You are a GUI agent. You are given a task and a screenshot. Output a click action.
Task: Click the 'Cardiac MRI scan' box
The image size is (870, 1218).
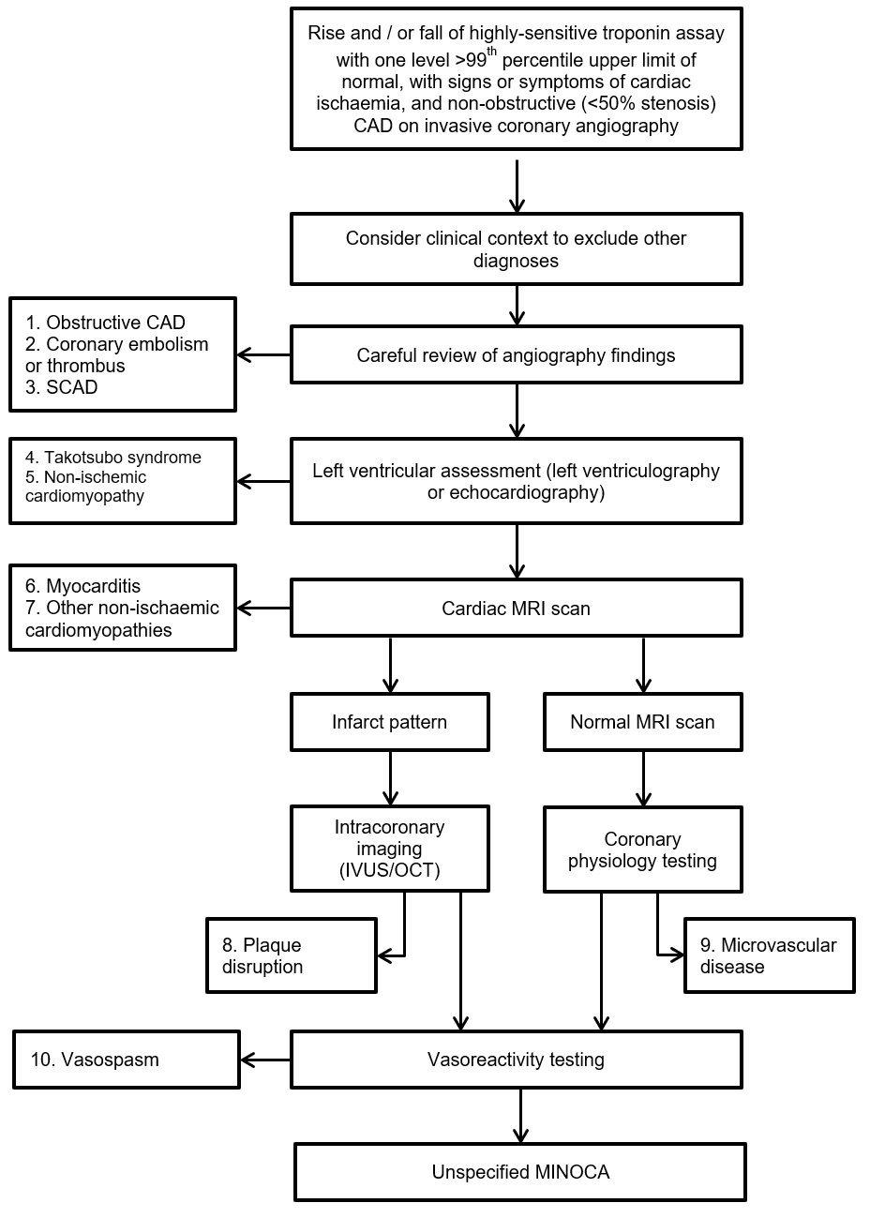click(516, 609)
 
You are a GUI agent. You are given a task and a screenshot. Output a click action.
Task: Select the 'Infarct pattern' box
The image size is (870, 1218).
click(389, 722)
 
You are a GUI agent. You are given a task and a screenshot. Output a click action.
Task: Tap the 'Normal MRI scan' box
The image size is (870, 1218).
click(642, 722)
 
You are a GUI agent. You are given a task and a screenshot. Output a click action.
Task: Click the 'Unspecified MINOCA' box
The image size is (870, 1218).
click(520, 1172)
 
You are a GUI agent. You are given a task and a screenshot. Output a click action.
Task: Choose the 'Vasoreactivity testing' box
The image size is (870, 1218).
click(516, 1060)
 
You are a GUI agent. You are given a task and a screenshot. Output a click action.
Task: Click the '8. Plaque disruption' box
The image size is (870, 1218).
click(291, 955)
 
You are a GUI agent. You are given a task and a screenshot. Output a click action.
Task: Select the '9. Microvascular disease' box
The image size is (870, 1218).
click(769, 955)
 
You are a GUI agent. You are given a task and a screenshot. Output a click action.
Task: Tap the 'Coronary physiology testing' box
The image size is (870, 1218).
click(642, 850)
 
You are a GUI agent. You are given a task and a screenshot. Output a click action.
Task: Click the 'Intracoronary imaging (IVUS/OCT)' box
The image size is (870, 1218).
click(389, 849)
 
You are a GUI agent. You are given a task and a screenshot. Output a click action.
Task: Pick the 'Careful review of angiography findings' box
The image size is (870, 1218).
click(516, 355)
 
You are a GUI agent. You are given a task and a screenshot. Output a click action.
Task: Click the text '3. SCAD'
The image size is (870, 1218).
click(62, 387)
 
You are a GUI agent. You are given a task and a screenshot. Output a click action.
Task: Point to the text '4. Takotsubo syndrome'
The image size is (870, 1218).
click(113, 458)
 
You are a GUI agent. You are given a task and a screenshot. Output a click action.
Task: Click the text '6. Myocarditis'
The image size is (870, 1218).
click(83, 586)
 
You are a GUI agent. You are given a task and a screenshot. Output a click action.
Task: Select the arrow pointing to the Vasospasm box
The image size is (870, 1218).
click(265, 1060)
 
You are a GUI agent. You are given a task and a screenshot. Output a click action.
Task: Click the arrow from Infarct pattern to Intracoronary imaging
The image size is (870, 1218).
click(390, 778)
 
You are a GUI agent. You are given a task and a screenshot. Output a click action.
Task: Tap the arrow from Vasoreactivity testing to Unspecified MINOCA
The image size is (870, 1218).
click(520, 1116)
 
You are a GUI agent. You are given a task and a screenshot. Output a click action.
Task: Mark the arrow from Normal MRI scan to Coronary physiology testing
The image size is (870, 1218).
click(643, 778)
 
